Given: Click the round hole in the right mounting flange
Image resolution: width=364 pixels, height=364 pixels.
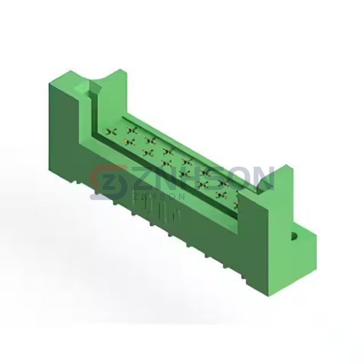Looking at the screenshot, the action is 294,237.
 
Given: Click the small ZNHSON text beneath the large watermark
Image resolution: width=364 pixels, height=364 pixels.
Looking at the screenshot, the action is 159,197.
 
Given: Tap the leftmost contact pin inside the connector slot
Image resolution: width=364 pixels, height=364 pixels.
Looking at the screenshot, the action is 111,132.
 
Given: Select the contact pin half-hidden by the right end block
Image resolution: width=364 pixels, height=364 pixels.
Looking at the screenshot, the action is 236,205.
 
